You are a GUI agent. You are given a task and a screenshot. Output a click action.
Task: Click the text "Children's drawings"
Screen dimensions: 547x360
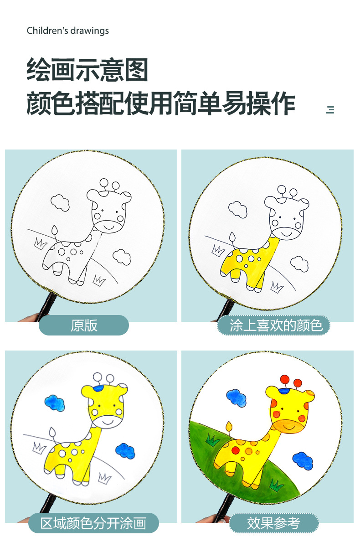[x=68, y=31]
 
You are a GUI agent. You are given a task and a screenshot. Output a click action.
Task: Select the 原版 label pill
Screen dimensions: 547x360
[x=84, y=325]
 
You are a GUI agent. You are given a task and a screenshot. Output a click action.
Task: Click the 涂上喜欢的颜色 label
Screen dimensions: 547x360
[x=273, y=325]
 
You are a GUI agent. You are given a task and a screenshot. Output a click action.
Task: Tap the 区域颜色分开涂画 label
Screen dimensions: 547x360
[x=93, y=523]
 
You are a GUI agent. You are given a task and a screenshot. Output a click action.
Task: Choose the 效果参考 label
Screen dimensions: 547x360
[x=273, y=523]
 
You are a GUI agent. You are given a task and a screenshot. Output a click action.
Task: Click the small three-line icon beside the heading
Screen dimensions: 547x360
[x=330, y=109]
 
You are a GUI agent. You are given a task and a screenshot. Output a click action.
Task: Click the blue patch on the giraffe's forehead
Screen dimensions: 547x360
[x=97, y=388]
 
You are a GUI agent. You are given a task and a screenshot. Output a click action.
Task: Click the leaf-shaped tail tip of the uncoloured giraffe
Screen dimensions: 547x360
[x=54, y=230]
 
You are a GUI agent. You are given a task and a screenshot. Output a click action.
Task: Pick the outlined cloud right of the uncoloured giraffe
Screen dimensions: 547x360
[x=122, y=256]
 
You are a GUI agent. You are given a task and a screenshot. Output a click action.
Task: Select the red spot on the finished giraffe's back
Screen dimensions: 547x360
[x=236, y=450]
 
